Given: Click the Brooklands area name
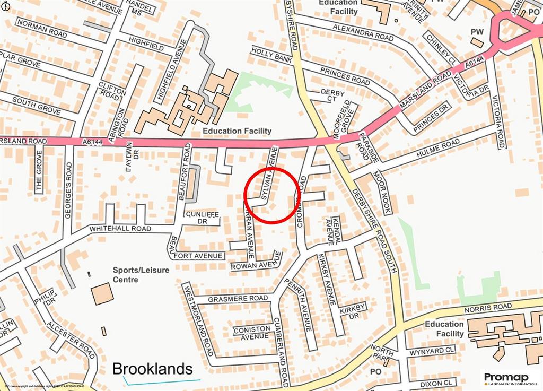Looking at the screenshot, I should (x=153, y=369).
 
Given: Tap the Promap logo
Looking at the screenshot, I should (x=509, y=378).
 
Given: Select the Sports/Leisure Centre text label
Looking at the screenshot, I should (x=141, y=274).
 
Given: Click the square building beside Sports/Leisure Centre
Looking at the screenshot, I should (x=102, y=293).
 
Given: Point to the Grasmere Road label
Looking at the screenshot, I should (x=238, y=299).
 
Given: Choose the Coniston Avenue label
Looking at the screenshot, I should (x=251, y=333).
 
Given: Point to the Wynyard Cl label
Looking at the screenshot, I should (x=431, y=351).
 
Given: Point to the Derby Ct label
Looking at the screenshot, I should (x=332, y=95).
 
